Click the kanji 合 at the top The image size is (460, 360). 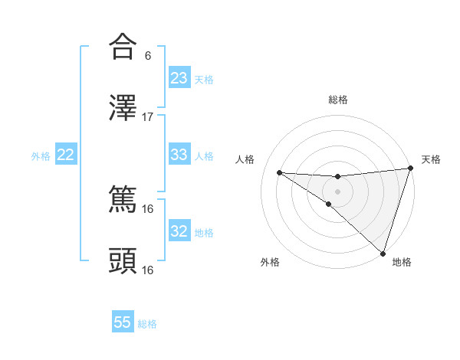(x=123, y=47)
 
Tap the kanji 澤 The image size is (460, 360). (x=123, y=108)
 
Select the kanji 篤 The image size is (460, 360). (x=123, y=201)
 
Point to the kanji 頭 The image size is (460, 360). (x=123, y=261)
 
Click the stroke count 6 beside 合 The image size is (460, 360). (x=148, y=56)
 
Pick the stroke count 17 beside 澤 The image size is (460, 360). (x=148, y=116)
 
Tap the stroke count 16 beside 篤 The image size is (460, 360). (x=148, y=209)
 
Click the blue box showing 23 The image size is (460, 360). (x=179, y=78)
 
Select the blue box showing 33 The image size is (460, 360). (x=179, y=155)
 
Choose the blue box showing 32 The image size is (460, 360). (x=179, y=231)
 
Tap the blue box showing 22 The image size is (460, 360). (x=66, y=155)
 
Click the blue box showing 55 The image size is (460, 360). (x=123, y=322)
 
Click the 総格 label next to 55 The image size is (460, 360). (x=147, y=324)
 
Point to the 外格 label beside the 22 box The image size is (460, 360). (x=41, y=155)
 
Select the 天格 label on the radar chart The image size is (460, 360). (x=431, y=159)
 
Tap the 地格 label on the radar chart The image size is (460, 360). (x=402, y=262)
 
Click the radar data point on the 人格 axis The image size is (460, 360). (x=280, y=172)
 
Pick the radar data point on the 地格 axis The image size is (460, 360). (x=383, y=254)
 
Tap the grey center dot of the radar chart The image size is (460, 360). (x=337, y=191)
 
